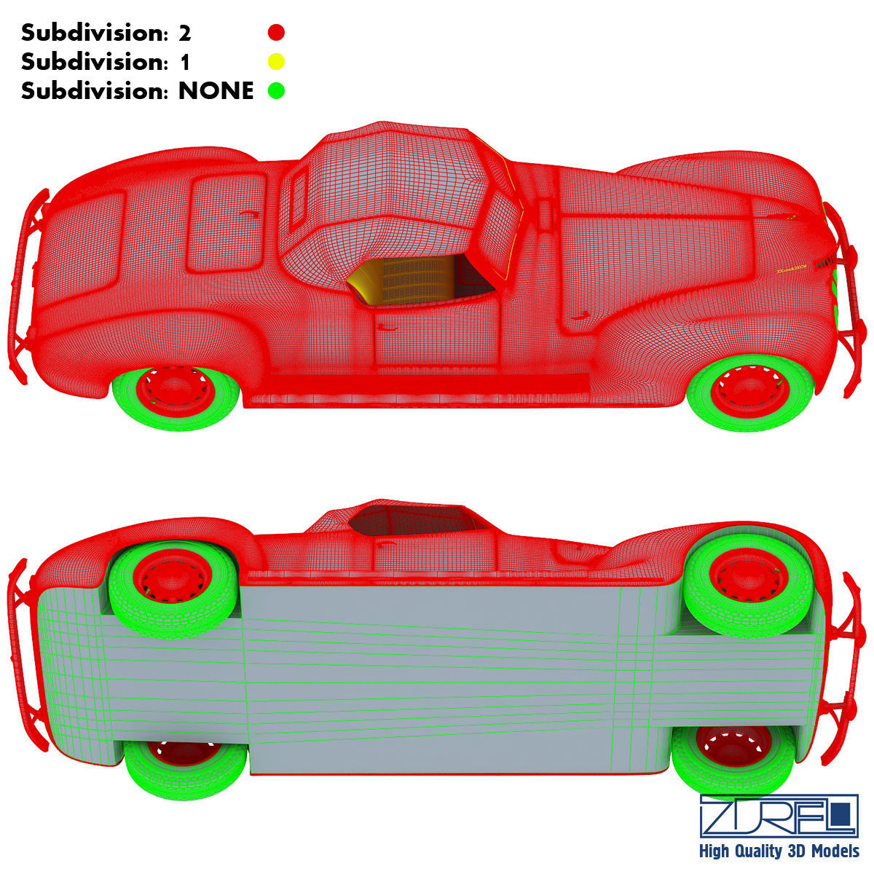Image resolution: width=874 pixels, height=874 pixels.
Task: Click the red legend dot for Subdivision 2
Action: (x=276, y=32)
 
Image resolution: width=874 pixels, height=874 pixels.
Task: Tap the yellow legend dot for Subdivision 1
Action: (x=276, y=61)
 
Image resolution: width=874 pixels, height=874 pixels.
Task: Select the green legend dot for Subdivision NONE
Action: (x=276, y=91)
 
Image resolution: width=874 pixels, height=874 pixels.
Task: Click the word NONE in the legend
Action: (x=216, y=91)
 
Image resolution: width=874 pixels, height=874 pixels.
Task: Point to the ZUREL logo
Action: (x=779, y=815)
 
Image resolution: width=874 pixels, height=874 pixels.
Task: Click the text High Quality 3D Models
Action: (x=779, y=851)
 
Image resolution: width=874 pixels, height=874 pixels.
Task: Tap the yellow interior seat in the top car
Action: (x=408, y=280)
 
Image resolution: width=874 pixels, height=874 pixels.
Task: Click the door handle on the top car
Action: (x=387, y=327)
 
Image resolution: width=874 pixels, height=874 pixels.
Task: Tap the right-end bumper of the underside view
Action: (x=849, y=663)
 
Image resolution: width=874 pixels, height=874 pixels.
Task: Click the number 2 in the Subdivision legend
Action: (x=184, y=33)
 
